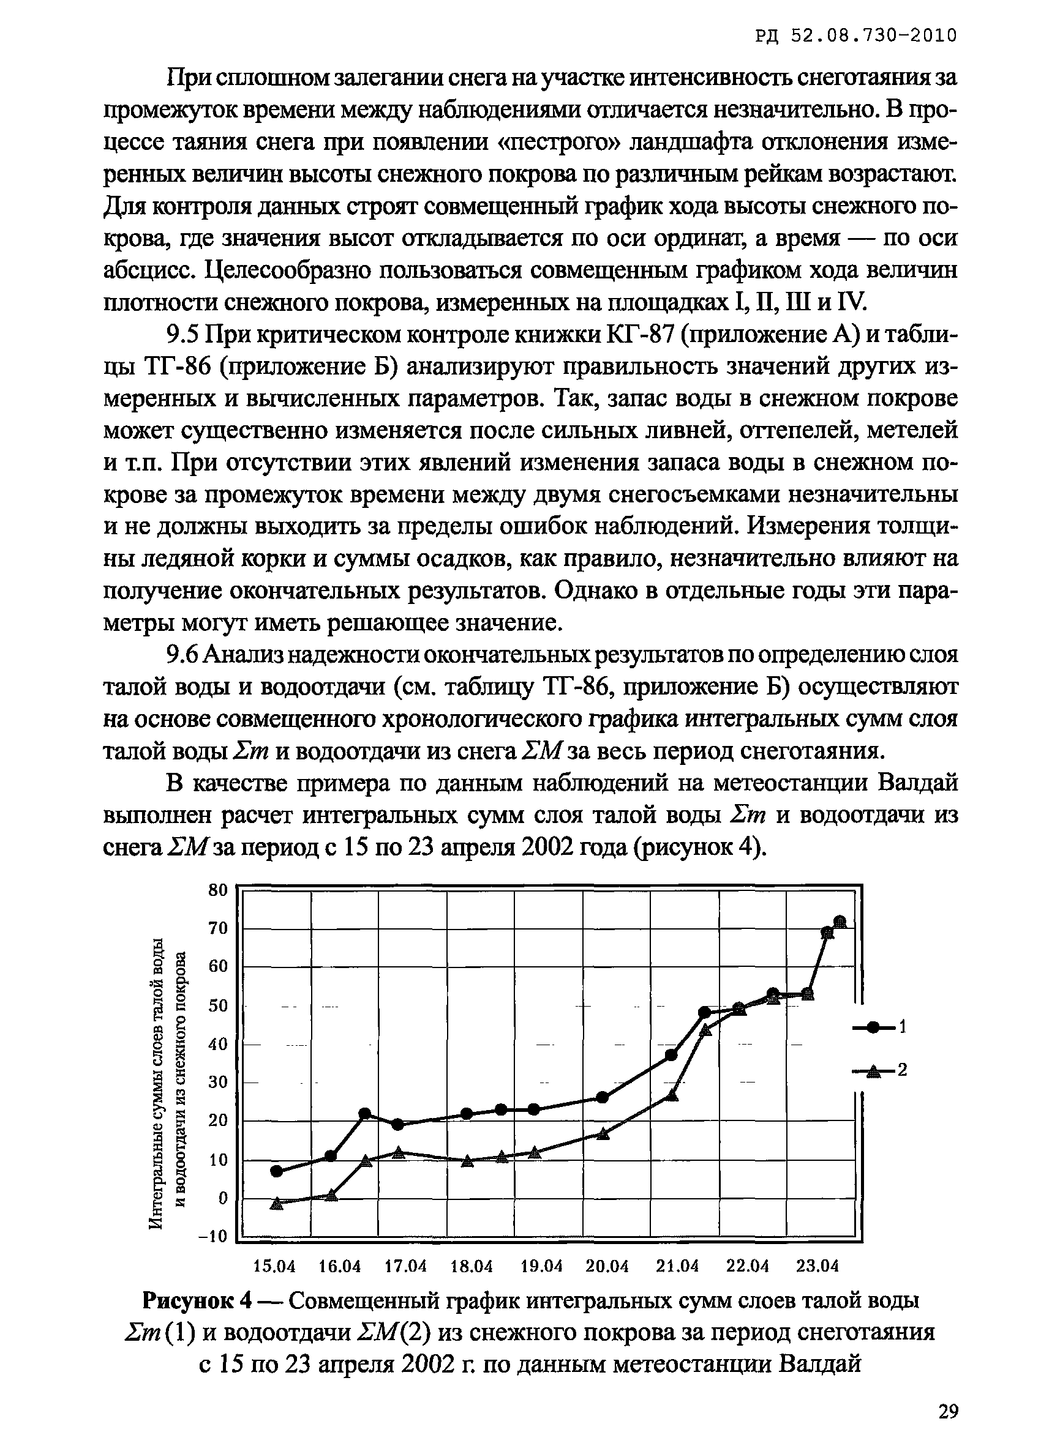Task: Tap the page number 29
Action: tap(949, 1411)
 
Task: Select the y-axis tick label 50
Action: tap(218, 1006)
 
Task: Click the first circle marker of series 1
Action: tap(276, 1171)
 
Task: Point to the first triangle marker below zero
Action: tap(276, 1203)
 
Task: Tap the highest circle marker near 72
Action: tap(840, 922)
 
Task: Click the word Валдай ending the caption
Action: tap(821, 1365)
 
